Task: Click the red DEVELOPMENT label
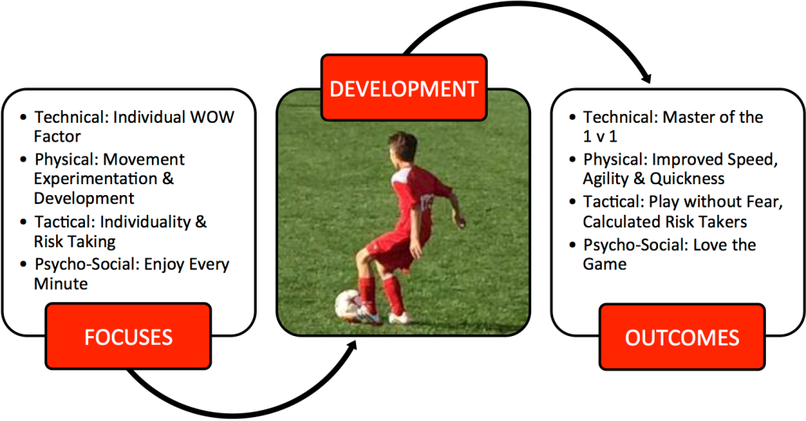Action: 404,88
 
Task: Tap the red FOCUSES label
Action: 128,336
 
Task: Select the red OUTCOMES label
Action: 682,337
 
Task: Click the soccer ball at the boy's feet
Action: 348,305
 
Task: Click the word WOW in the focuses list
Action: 212,117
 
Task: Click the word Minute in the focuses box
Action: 61,284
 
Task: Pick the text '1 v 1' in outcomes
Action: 600,137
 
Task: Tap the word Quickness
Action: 687,179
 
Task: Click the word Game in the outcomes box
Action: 604,264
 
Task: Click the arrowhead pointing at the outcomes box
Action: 646,78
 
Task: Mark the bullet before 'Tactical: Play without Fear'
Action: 573,202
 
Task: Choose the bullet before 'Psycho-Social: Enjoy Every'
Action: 23,264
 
